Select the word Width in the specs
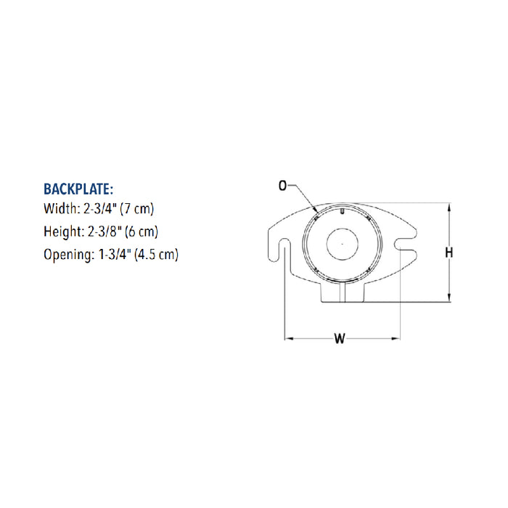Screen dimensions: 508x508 tap(60, 208)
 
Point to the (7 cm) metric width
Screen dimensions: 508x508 tap(136, 209)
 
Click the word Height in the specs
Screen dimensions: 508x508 tap(62, 232)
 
